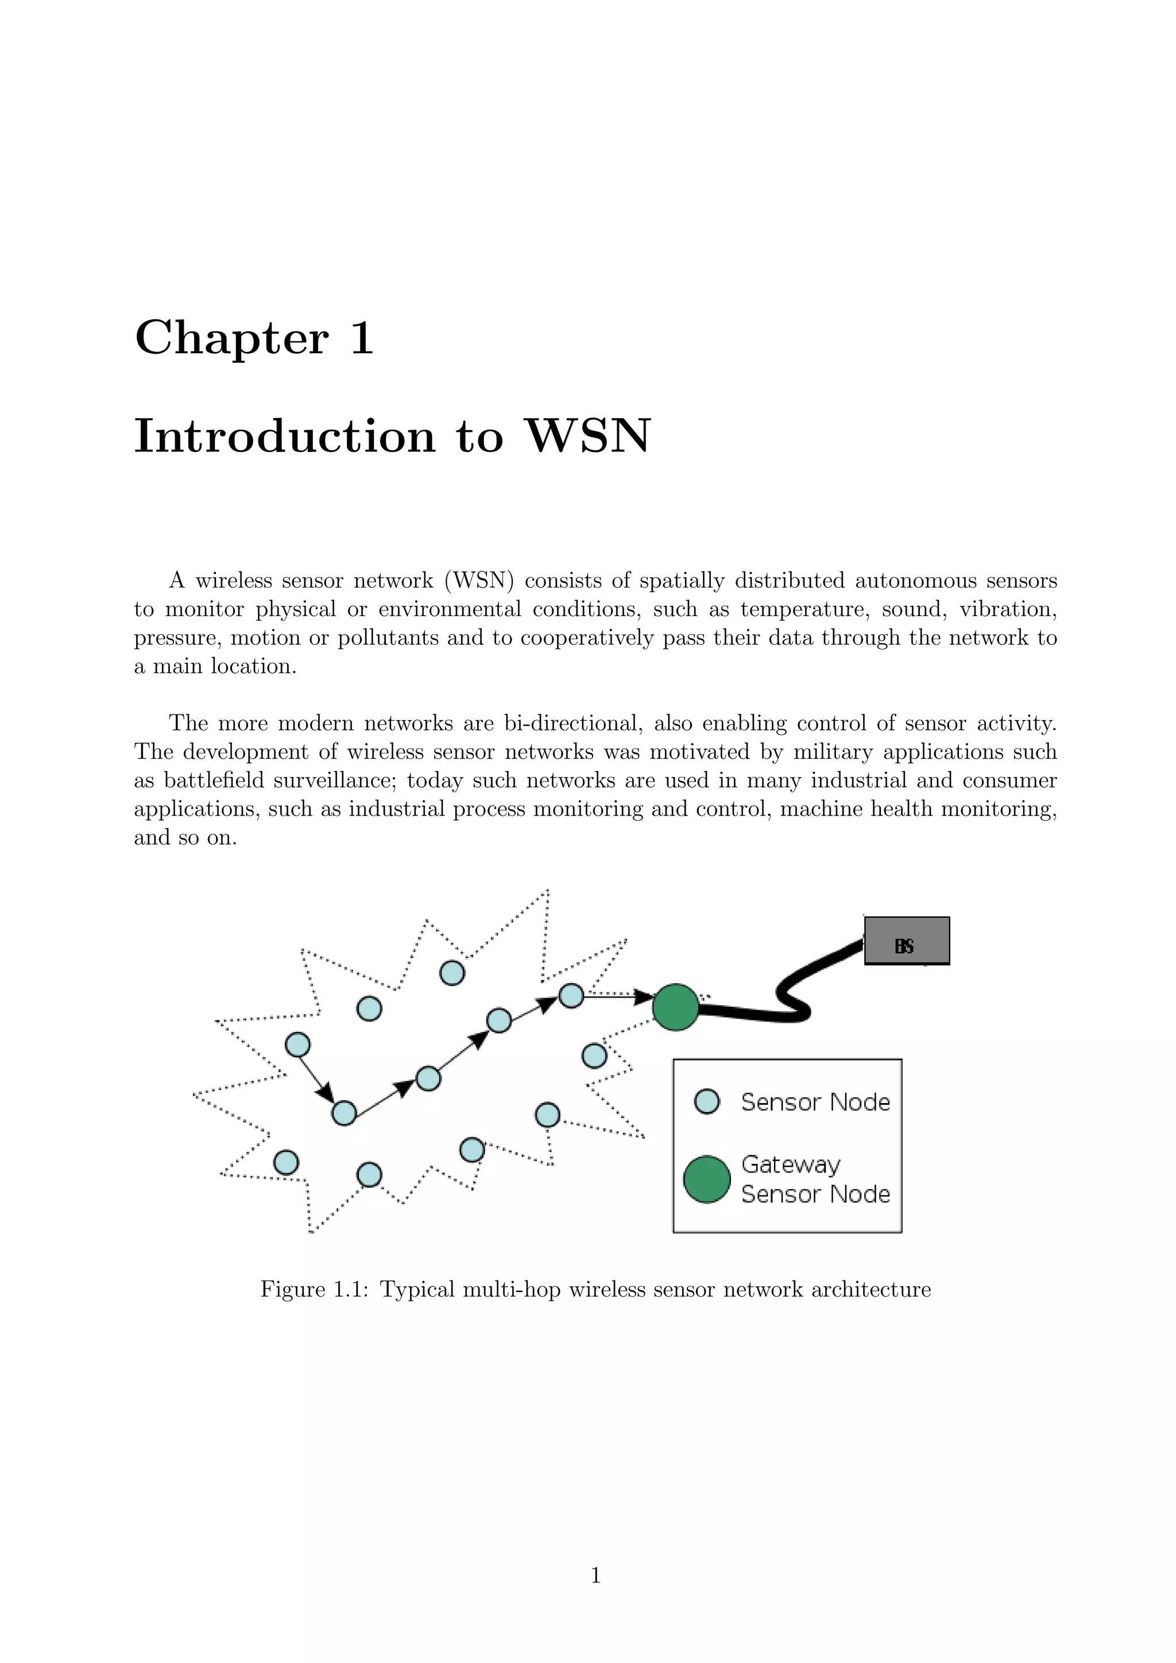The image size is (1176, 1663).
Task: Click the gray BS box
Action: [x=906, y=940]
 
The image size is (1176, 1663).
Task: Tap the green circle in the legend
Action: [x=707, y=1179]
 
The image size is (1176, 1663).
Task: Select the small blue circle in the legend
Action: [x=707, y=1101]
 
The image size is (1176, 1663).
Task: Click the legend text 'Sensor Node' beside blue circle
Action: [x=815, y=1103]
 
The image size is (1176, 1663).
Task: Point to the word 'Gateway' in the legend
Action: [x=791, y=1164]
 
